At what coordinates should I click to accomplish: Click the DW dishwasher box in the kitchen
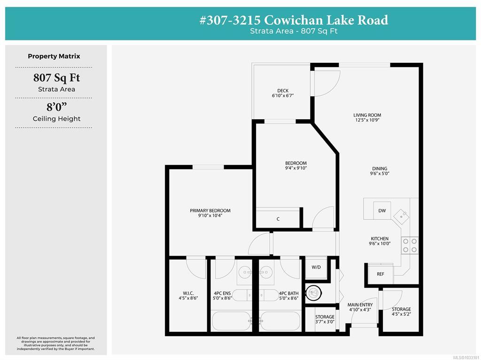pyautogui.click(x=382, y=210)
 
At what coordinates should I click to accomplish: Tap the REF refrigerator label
pyautogui.click(x=380, y=274)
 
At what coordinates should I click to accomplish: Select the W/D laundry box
pyautogui.click(x=316, y=268)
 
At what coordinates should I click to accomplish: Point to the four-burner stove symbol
pyautogui.click(x=410, y=245)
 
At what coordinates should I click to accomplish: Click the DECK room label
pyautogui.click(x=283, y=91)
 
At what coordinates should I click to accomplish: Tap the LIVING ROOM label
pyautogui.click(x=367, y=115)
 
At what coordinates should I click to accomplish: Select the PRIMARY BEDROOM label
pyautogui.click(x=210, y=211)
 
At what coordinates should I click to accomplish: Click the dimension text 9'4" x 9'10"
pyautogui.click(x=296, y=168)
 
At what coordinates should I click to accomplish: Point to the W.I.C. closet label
pyautogui.click(x=188, y=293)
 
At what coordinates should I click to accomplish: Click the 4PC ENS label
pyautogui.click(x=222, y=293)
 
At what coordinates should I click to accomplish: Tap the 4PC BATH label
pyautogui.click(x=289, y=293)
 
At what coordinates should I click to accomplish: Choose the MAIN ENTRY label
pyautogui.click(x=360, y=305)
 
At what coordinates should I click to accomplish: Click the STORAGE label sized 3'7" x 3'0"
pyautogui.click(x=325, y=317)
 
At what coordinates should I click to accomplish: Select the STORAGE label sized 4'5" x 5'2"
pyautogui.click(x=401, y=309)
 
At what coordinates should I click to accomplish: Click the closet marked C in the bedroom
pyautogui.click(x=278, y=218)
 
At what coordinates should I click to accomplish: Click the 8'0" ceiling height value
pyautogui.click(x=57, y=107)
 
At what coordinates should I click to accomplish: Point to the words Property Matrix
pyautogui.click(x=54, y=56)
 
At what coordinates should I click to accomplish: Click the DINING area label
pyautogui.click(x=380, y=169)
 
